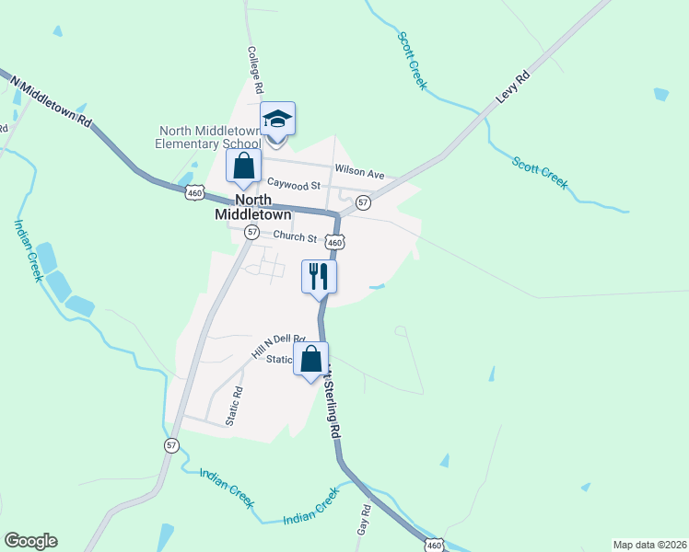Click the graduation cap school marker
[277, 119]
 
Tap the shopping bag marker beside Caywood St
[244, 167]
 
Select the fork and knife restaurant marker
[319, 276]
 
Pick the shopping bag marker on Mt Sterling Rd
[311, 359]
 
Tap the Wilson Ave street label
[359, 171]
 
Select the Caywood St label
[294, 185]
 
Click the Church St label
[294, 237]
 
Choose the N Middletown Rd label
[53, 101]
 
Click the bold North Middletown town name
[252, 206]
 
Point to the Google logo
[30, 541]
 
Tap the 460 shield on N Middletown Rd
[193, 192]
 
